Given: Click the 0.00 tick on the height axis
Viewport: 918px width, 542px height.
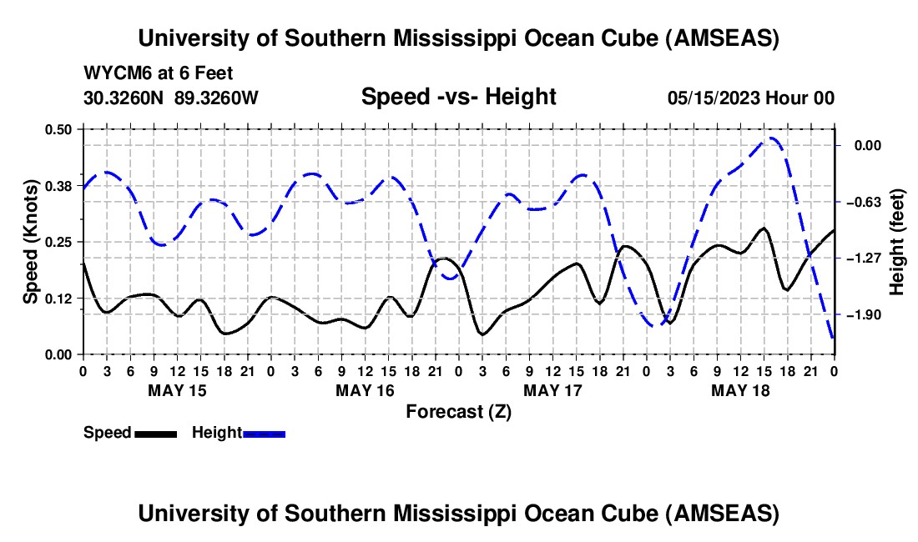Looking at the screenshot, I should click(868, 146).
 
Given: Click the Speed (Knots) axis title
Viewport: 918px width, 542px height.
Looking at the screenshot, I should click(31, 242).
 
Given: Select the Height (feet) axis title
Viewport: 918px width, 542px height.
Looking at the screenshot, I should click(897, 242).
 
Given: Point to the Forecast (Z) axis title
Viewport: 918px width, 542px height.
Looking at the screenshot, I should click(458, 411).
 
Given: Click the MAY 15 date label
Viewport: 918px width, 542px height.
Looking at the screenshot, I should click(176, 389).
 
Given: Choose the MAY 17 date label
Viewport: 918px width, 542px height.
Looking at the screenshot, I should click(552, 389).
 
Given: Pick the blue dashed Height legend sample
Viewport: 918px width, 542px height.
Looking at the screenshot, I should click(265, 433).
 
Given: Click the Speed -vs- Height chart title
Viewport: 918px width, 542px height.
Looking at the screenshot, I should click(458, 97).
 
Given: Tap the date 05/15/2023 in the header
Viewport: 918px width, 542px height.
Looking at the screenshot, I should click(714, 98).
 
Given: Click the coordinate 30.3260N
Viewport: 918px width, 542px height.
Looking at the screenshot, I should click(125, 98).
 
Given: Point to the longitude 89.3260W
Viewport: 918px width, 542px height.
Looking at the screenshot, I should click(217, 98).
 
